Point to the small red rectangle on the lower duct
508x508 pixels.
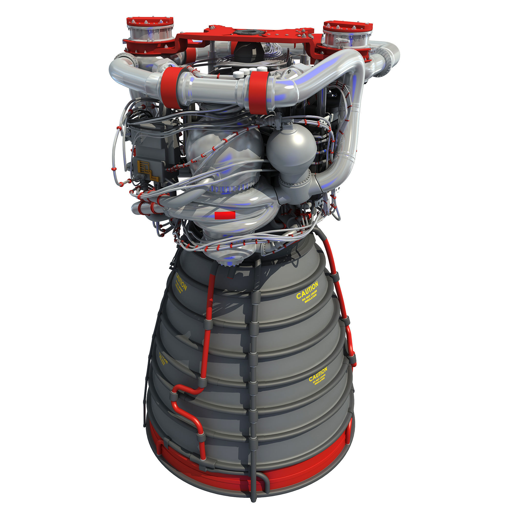click(225, 215)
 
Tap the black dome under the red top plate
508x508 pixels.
click(248, 51)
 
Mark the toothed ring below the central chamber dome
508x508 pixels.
click(231, 188)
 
